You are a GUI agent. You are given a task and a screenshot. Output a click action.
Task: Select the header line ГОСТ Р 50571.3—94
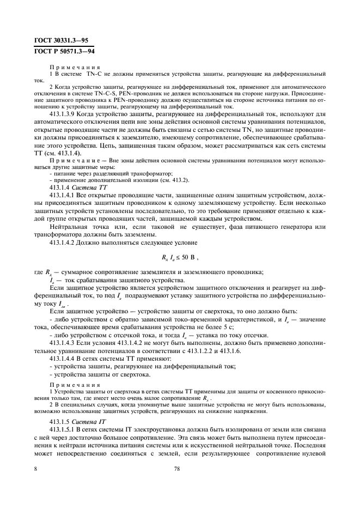point(60,51)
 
